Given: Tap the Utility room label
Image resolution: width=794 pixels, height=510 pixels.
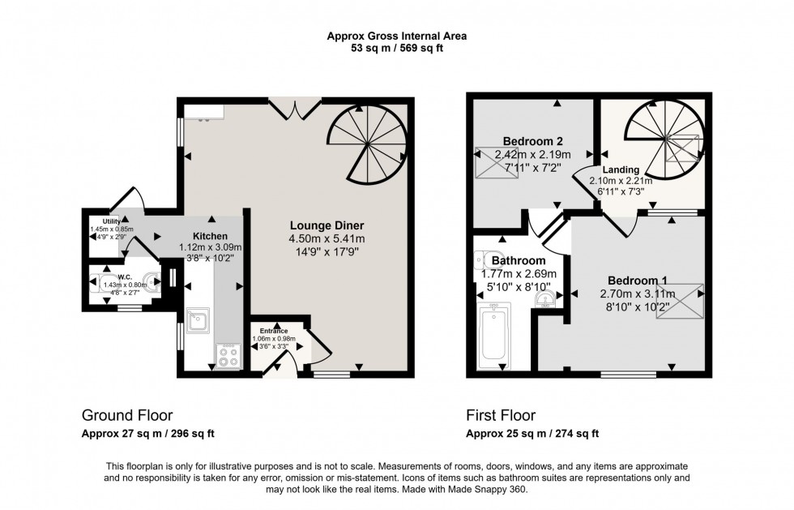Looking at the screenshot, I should [x=111, y=221].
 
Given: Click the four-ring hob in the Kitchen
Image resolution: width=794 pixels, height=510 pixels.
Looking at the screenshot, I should [x=228, y=355].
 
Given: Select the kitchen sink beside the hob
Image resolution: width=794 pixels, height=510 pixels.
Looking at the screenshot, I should [x=197, y=322].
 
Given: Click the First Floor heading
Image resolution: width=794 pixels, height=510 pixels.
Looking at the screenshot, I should [x=502, y=415].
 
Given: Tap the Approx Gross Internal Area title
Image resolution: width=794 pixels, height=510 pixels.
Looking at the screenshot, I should [x=396, y=36].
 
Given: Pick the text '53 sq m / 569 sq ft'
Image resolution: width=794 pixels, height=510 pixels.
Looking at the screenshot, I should [x=396, y=48].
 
